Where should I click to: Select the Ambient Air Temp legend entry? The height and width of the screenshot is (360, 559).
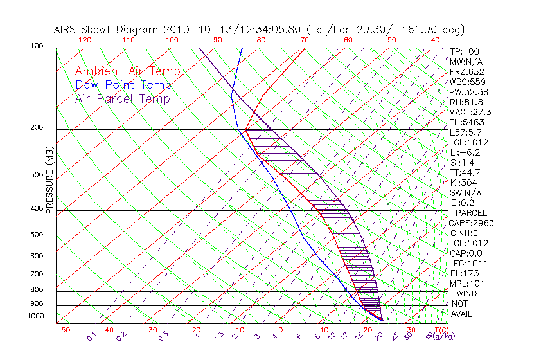pyautogui.click(x=127, y=71)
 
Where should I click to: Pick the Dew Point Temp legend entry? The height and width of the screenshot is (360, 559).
pyautogui.click(x=123, y=85)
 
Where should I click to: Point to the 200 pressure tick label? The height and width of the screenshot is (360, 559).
pyautogui.click(x=37, y=128)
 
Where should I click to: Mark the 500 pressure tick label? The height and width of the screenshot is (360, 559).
pyautogui.click(x=37, y=235)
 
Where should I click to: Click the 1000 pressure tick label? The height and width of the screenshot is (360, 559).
pyautogui.click(x=36, y=316)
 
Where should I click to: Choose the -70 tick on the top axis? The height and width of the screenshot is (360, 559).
pyautogui.click(x=301, y=40)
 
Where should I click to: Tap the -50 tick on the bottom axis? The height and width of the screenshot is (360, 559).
pyautogui.click(x=63, y=330)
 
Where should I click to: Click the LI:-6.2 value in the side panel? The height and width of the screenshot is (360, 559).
pyautogui.click(x=465, y=152)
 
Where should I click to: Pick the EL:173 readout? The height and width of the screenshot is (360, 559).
pyautogui.click(x=463, y=273)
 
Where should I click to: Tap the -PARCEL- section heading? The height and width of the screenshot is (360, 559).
pyautogui.click(x=471, y=213)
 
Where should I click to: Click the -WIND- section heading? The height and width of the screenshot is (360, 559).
pyautogui.click(x=466, y=293)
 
